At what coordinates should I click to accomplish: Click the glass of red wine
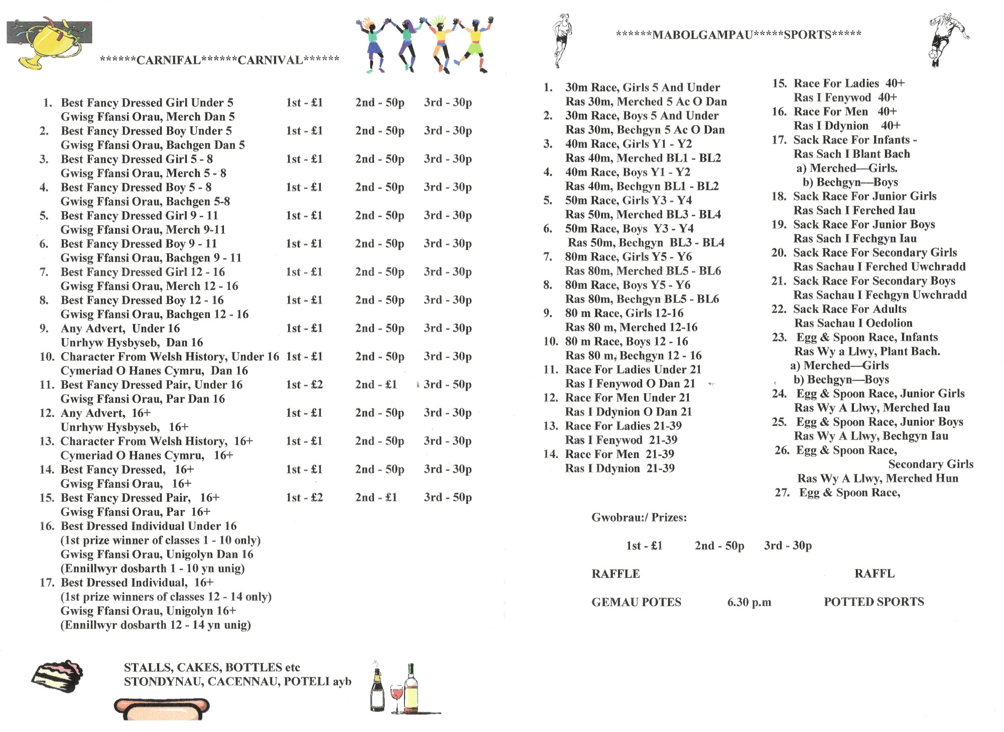point(396,695)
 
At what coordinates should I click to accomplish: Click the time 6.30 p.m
point(749,602)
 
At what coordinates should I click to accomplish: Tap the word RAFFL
point(874,573)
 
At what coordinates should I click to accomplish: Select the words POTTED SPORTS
point(873,602)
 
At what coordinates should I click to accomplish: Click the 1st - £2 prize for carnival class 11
point(304,385)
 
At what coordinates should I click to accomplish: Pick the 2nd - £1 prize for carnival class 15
point(376,498)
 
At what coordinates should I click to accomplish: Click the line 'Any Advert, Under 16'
point(120,329)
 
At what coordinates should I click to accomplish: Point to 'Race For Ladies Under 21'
point(633,370)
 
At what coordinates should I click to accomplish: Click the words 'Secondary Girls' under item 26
point(930,464)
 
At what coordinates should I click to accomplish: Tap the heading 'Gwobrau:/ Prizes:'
point(639,517)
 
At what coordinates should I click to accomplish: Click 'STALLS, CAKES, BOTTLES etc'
point(212,667)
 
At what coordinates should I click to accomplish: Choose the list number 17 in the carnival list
point(47,583)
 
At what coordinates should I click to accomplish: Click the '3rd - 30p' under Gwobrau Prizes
point(787,545)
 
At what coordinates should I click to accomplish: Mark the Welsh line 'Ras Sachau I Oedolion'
point(853,323)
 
